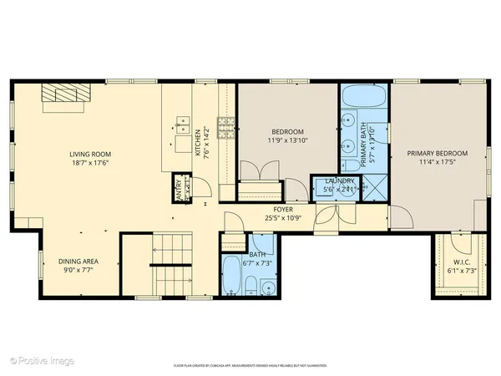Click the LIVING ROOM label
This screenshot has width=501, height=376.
coord(92,154)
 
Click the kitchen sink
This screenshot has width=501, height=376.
coord(181,124)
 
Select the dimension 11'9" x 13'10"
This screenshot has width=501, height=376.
coord(286,141)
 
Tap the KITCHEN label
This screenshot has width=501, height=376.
coord(198,144)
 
